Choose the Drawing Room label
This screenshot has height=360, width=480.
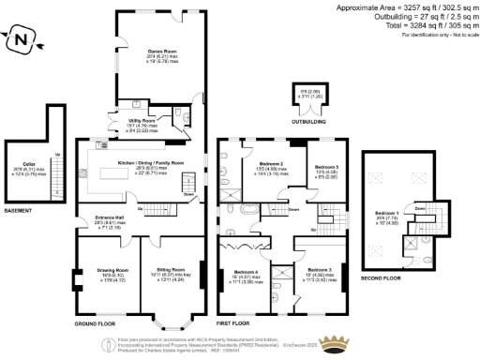(100, 273)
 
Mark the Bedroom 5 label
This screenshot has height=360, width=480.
(325, 167)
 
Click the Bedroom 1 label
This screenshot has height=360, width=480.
(386, 212)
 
